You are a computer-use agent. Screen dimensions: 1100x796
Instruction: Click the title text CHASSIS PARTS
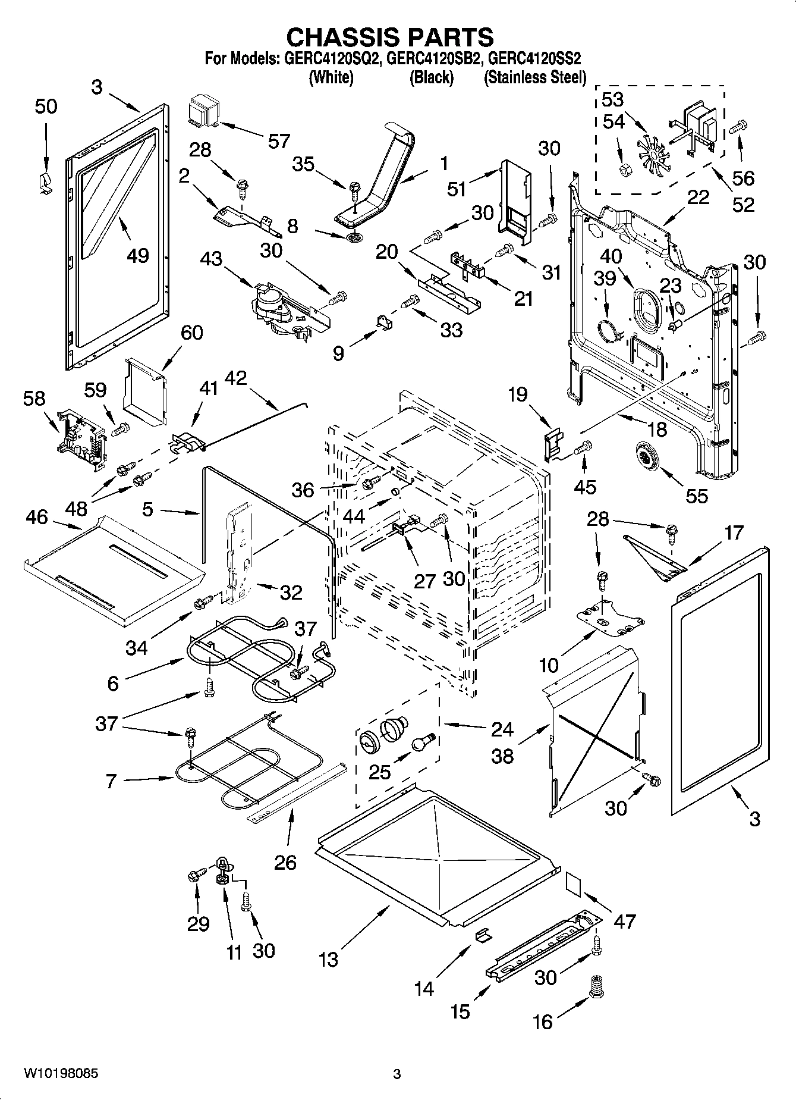pyautogui.click(x=390, y=37)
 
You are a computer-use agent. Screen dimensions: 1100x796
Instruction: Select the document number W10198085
pyautogui.click(x=61, y=1074)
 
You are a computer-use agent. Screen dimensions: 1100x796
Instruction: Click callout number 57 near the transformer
pyautogui.click(x=278, y=141)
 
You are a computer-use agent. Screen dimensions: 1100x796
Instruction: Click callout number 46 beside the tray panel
pyautogui.click(x=37, y=518)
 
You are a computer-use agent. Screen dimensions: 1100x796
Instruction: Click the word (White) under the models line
pyautogui.click(x=331, y=77)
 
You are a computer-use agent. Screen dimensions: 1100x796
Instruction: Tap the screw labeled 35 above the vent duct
pyautogui.click(x=354, y=192)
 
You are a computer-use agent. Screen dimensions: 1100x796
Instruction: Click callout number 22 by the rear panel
pyautogui.click(x=698, y=198)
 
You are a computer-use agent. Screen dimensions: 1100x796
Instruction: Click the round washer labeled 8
pyautogui.click(x=355, y=238)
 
